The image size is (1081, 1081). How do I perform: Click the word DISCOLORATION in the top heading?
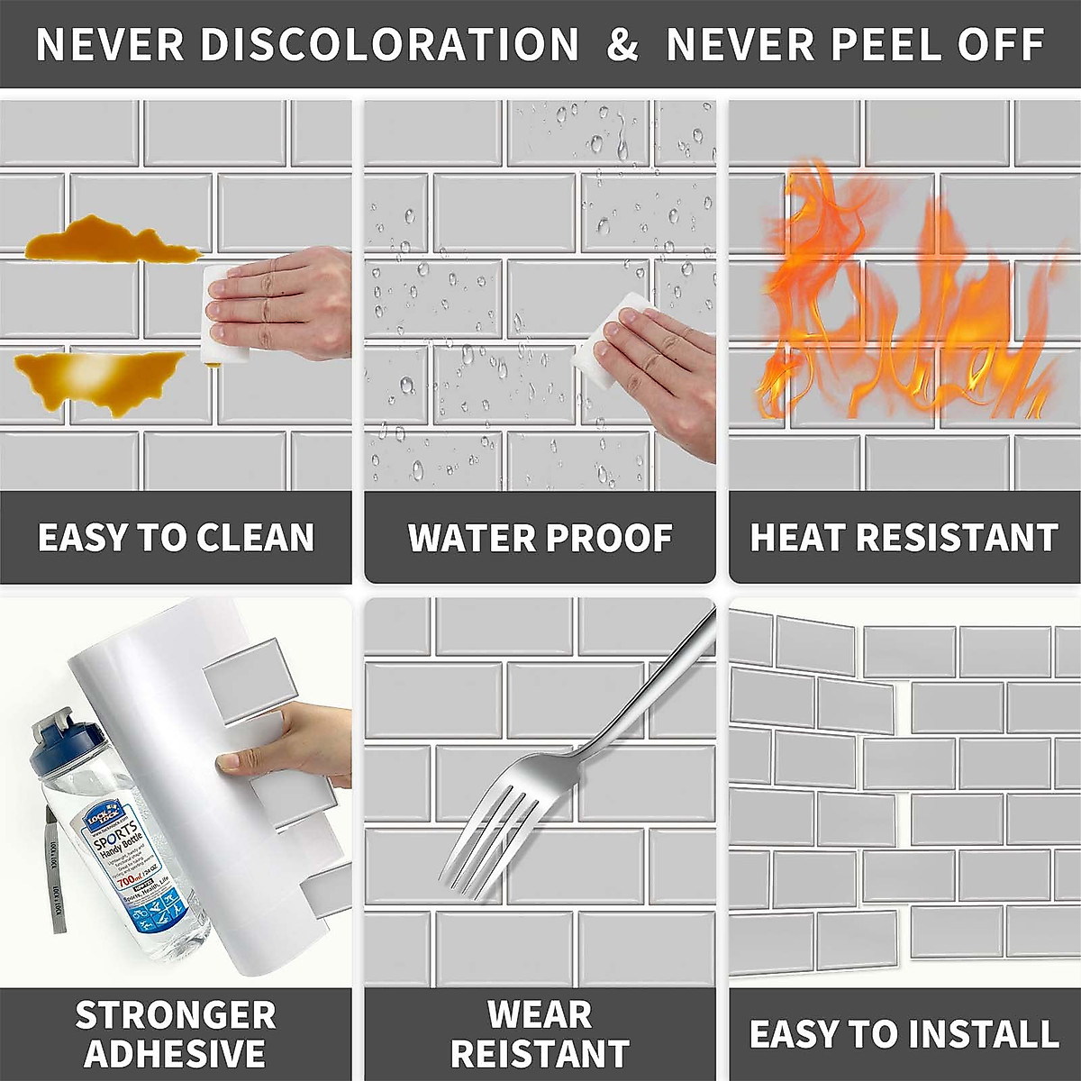pos(389,45)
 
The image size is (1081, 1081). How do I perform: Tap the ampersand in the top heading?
pos(622,45)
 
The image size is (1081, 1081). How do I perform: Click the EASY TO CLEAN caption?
pos(176,538)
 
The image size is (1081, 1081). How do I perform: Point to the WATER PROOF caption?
pos(540,538)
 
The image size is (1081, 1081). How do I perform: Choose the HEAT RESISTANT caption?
pos(904,538)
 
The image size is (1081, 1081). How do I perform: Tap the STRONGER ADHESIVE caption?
pos(176,1033)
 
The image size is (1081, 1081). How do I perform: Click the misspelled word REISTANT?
pos(540,1052)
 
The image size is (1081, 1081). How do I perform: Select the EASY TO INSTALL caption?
pos(904,1033)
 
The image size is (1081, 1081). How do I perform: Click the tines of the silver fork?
pos(482,833)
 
